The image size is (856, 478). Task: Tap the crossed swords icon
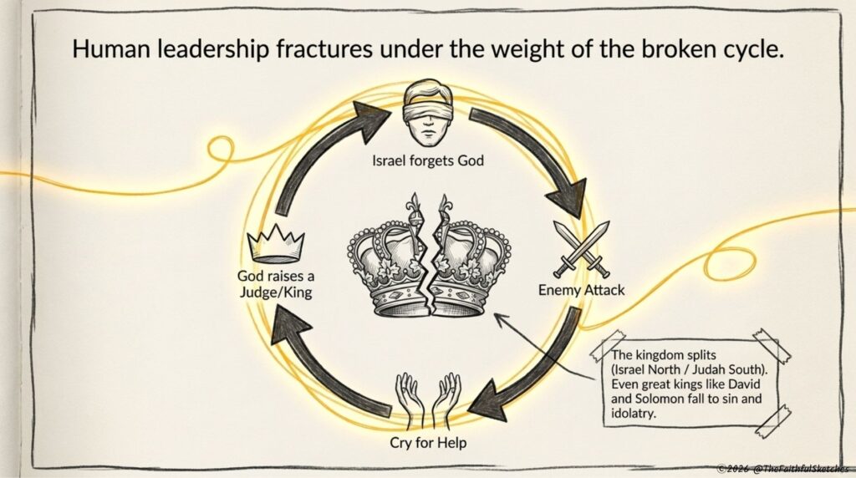[582, 249]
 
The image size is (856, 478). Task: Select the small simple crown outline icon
[276, 243]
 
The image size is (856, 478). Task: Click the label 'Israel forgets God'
[428, 160]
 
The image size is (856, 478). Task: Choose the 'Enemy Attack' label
[582, 290]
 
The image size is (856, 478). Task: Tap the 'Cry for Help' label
[428, 442]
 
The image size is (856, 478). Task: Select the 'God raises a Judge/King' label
[276, 284]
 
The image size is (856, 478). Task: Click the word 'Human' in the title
[111, 49]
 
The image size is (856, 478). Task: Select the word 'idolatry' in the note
[633, 413]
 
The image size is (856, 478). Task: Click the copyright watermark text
[782, 469]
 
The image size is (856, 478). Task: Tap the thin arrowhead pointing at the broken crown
[500, 318]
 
